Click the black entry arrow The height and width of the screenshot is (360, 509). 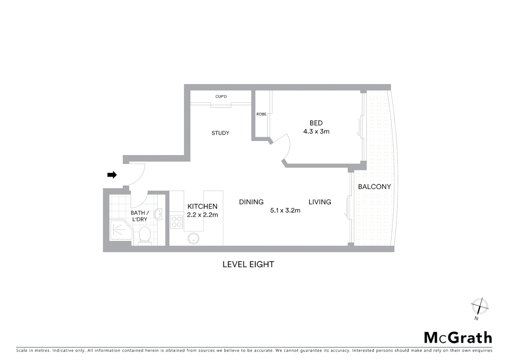tap(112, 175)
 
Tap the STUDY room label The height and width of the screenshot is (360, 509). tap(220, 133)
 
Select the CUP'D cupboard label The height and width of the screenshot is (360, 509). tap(221, 97)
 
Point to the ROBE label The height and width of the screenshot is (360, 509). tap(261, 114)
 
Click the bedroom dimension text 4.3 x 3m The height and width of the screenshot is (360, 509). tap(316, 131)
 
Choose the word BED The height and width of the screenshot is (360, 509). tap(316, 123)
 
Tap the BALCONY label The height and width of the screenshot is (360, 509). tap(374, 187)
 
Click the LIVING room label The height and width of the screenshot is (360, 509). tap(319, 202)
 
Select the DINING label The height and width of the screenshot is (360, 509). tap(251, 202)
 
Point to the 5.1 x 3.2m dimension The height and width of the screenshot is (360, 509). tap(285, 210)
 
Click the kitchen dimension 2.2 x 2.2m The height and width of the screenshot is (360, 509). tap(202, 215)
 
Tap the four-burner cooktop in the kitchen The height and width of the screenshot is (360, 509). tap(176, 222)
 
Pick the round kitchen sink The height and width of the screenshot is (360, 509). tap(194, 238)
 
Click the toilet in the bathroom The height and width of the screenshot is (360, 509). tap(145, 235)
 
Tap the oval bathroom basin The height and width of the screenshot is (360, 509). tap(158, 214)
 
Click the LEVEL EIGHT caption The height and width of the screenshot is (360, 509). tap(248, 264)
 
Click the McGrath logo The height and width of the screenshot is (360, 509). tap(458, 338)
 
